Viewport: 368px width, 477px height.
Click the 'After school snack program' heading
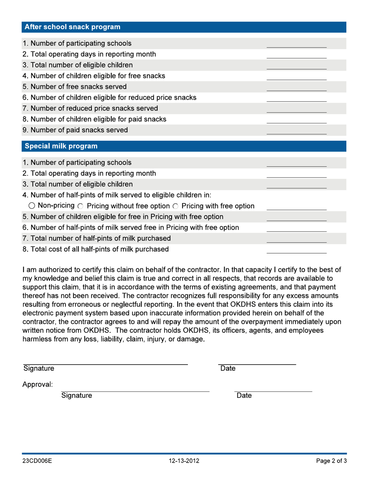click(72, 27)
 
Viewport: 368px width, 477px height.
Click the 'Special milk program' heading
click(61, 146)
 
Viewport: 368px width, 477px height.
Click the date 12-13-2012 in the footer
click(184, 461)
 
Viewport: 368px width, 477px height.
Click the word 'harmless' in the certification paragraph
click(38, 340)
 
